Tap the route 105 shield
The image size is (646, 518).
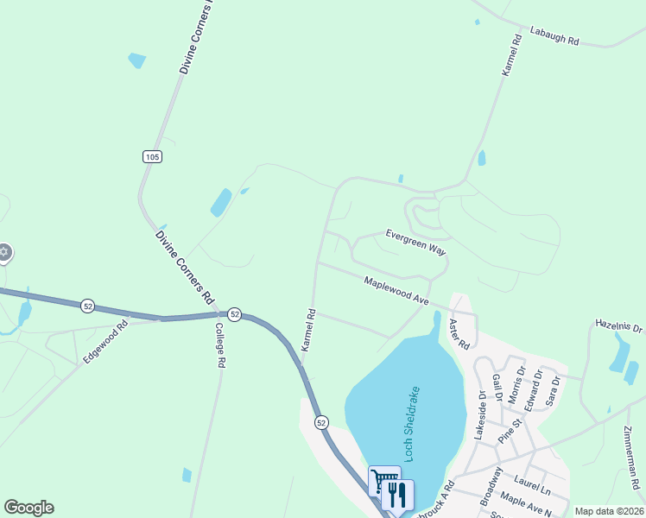tap(152, 156)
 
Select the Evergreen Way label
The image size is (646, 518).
tap(415, 241)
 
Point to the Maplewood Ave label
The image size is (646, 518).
tap(396, 291)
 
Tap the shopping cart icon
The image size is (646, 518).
tap(383, 480)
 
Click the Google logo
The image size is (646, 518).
tap(28, 508)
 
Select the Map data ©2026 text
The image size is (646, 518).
tap(608, 511)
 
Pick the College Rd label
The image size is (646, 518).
tap(219, 345)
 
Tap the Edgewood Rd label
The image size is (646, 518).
tap(105, 342)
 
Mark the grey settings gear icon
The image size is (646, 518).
tap(3, 252)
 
